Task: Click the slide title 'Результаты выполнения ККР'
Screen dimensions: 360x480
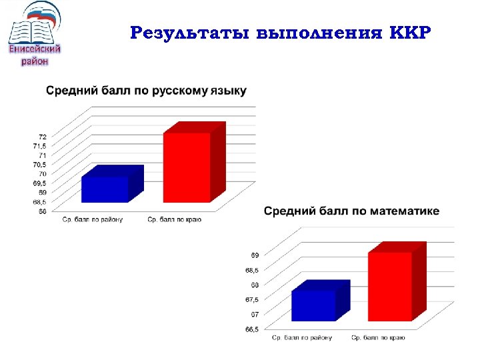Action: tap(281, 33)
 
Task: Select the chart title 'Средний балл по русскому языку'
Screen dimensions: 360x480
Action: tap(146, 91)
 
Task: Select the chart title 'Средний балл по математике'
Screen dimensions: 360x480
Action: tap(351, 211)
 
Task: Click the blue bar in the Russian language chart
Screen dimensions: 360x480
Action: tap(105, 189)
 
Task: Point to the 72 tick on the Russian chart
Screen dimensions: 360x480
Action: tap(42, 136)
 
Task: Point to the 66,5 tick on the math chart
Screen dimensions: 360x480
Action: tap(252, 329)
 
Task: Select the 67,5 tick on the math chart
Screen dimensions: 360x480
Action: tap(252, 299)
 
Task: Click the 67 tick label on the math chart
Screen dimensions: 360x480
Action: tap(255, 314)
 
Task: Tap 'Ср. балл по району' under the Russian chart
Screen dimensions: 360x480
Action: tap(92, 219)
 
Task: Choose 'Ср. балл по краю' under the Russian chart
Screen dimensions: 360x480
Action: tap(175, 219)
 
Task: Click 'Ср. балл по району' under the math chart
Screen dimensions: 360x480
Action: tap(301, 338)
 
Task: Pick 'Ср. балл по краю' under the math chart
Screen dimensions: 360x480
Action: tap(378, 338)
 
